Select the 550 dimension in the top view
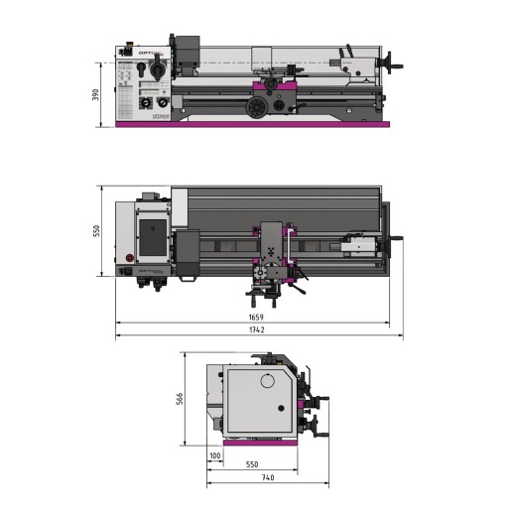click(x=96, y=230)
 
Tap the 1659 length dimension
click(x=255, y=318)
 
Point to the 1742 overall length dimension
click(x=255, y=330)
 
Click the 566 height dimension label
click(x=181, y=400)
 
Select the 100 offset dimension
click(x=215, y=455)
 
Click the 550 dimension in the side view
click(x=251, y=464)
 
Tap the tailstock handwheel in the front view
click(x=395, y=68)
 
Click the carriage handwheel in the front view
click(x=261, y=105)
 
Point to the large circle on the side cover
click(x=267, y=381)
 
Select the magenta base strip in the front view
click(x=253, y=124)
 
